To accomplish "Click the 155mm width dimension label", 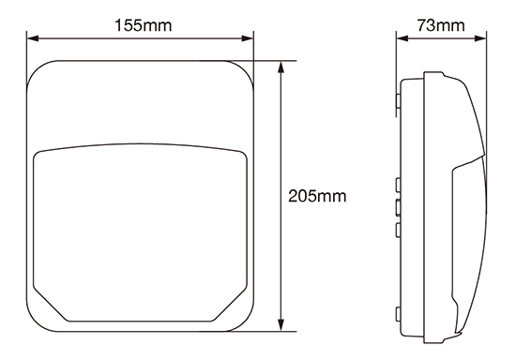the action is [144, 25].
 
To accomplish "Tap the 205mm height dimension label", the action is [317, 196].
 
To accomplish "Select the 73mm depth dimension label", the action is [441, 25].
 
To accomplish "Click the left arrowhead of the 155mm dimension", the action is [33, 38].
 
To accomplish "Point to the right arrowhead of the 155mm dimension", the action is [247, 38].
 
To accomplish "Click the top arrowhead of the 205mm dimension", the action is [281, 67].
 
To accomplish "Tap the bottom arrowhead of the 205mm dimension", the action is [281, 325].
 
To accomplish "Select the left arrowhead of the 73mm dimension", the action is [402, 38].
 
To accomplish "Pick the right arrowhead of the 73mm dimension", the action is [480, 38].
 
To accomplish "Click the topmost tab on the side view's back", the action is [399, 101].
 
